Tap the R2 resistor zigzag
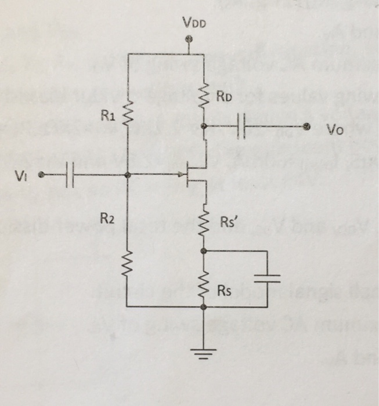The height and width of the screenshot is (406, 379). point(127,267)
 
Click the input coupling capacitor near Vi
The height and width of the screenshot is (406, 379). point(70,175)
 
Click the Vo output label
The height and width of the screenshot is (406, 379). point(334,131)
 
